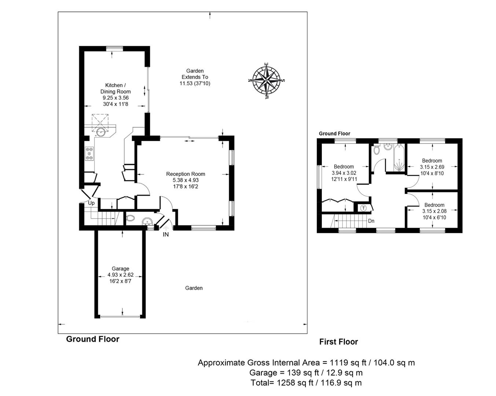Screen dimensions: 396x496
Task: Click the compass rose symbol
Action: pyautogui.click(x=267, y=80)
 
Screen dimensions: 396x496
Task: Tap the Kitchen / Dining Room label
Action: pyautogui.click(x=115, y=88)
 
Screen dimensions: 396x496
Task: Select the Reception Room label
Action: pyautogui.click(x=185, y=174)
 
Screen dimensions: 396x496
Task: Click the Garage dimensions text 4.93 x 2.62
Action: pyautogui.click(x=120, y=275)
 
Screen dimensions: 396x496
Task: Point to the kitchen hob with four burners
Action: pyautogui.click(x=89, y=153)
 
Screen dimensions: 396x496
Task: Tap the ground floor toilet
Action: pyautogui.click(x=130, y=219)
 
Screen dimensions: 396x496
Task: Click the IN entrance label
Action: pyautogui.click(x=166, y=234)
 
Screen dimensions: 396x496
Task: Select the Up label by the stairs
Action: pyautogui.click(x=91, y=203)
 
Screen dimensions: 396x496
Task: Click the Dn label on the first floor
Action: pyautogui.click(x=371, y=221)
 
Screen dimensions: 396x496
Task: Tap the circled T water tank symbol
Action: pyautogui.click(x=363, y=208)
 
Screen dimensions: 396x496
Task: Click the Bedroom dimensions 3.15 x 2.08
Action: pyautogui.click(x=434, y=211)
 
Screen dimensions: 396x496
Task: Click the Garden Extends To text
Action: pyautogui.click(x=195, y=74)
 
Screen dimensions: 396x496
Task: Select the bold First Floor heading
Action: pyautogui.click(x=338, y=342)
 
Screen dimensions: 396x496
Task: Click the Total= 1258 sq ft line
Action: pyautogui.click(x=306, y=383)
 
